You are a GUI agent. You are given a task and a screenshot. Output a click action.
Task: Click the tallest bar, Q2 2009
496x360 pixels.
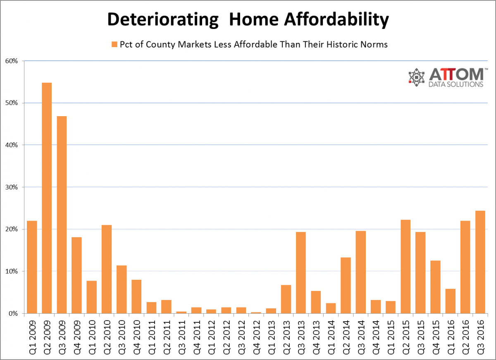[x=47, y=198]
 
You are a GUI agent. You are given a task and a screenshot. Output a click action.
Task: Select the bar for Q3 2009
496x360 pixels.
[x=62, y=215]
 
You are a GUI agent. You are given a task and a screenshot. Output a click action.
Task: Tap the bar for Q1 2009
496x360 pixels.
[x=32, y=267]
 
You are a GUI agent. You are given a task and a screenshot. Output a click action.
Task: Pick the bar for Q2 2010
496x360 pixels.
[x=106, y=269]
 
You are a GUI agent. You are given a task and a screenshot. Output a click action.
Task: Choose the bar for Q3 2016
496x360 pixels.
[x=480, y=262]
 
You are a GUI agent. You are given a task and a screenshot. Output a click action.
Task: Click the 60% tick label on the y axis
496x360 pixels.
[x=12, y=61]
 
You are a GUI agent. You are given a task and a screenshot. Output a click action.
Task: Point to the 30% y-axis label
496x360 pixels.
[x=12, y=187]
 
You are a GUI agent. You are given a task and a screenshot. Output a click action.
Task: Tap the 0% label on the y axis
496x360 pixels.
[x=13, y=313]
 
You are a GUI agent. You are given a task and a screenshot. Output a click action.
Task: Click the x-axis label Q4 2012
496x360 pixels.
[x=256, y=335]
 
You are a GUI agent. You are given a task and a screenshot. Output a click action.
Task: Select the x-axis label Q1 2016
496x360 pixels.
[x=450, y=335]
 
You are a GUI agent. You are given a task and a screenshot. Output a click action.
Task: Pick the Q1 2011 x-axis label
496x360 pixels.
[x=151, y=335]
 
